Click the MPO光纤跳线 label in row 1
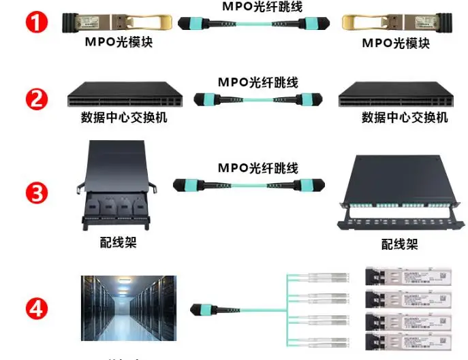[262, 7]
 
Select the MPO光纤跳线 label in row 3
[258, 167]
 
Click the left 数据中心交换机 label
[124, 118]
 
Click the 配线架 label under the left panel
[118, 242]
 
